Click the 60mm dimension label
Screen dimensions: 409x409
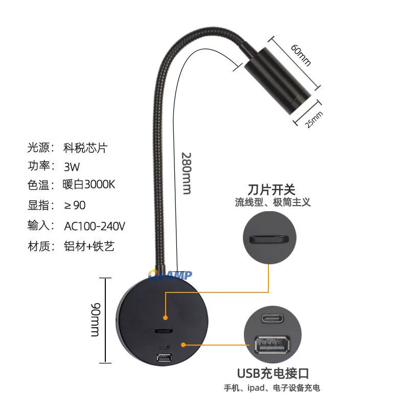[x=301, y=55]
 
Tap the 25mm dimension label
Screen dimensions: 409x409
[x=314, y=120]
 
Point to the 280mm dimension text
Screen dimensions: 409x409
[x=186, y=173]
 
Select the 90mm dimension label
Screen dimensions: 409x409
[x=95, y=320]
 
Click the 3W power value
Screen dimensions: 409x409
[x=72, y=167]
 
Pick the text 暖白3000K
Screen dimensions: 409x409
[x=88, y=185]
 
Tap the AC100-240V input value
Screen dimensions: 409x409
[x=95, y=226]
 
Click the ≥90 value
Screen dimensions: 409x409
[x=75, y=206]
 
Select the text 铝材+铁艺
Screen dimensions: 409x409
[x=89, y=246]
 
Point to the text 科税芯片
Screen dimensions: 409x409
[x=85, y=148]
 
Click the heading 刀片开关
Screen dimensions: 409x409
[x=271, y=190]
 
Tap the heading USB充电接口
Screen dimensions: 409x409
[x=273, y=374]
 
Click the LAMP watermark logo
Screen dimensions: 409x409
[x=170, y=275]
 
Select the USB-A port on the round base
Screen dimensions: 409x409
[x=164, y=358]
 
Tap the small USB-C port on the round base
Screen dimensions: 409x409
[x=164, y=347]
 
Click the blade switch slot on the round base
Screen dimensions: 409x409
[x=164, y=331]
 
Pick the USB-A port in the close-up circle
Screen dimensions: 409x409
[x=272, y=345]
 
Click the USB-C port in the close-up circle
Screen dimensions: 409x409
[x=272, y=318]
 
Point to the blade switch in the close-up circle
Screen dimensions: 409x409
[x=269, y=239]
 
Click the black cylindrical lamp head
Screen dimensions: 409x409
[x=278, y=81]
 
